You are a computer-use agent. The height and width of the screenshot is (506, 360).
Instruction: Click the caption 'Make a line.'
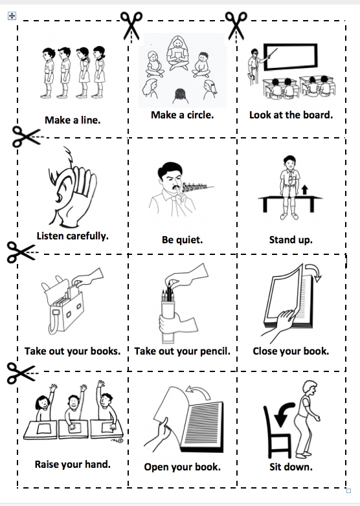73,120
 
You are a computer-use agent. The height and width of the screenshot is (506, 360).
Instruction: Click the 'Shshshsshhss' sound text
198,187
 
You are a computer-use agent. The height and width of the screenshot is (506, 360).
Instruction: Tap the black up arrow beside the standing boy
304,190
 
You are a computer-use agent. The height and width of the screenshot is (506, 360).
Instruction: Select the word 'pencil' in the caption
215,351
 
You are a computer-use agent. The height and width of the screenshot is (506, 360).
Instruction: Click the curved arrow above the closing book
313,272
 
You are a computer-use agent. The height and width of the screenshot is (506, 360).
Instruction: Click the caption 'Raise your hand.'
73,465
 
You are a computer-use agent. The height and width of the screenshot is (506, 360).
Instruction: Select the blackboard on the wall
290,57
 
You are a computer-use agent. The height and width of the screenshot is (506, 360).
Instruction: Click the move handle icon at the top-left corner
12,16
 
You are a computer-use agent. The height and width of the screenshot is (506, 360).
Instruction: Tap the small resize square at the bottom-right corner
348,491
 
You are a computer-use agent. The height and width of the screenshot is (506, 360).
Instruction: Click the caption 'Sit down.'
291,467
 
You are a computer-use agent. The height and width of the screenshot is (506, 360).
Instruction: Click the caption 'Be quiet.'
182,240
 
